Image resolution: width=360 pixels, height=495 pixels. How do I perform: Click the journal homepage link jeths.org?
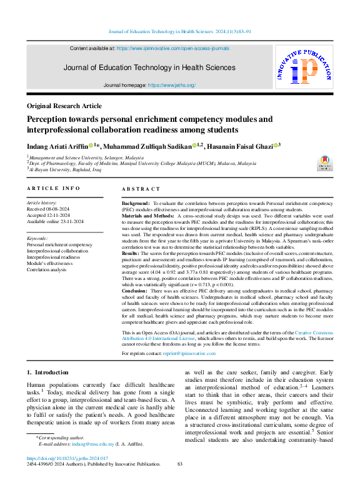[172, 85]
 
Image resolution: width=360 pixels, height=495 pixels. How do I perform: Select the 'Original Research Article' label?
[64, 106]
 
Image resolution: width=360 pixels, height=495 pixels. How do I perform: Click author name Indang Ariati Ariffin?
[58, 146]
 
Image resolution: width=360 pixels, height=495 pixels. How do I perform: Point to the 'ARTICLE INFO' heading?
[53, 188]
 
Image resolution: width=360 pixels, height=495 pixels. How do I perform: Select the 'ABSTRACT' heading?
[141, 188]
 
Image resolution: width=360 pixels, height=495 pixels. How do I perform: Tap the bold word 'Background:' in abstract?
[136, 204]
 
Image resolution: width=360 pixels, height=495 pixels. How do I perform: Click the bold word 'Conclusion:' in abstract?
[135, 291]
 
